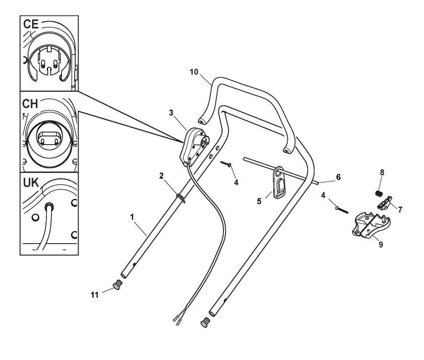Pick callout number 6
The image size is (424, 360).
coord(338,177)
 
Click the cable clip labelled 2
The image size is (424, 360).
coord(181,197)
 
